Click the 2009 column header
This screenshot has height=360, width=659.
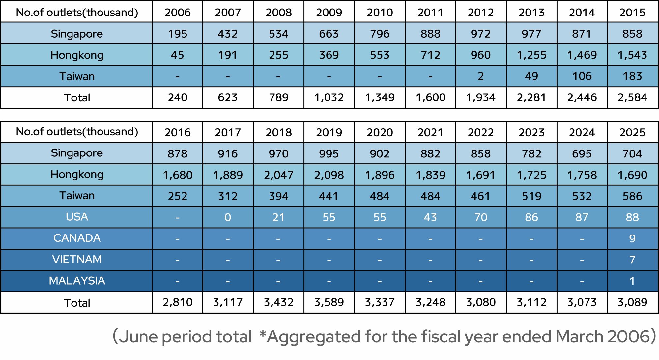click(x=329, y=13)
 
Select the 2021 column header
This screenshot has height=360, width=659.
click(x=430, y=132)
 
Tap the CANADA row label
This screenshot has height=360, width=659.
click(x=77, y=238)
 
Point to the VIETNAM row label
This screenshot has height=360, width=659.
click(x=77, y=260)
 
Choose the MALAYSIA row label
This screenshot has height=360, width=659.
click(x=77, y=281)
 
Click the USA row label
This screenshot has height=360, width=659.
click(x=77, y=217)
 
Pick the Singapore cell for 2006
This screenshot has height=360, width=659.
click(x=178, y=34)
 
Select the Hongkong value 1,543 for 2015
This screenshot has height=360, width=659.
click(x=632, y=55)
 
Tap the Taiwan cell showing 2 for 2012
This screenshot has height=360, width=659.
click(x=481, y=76)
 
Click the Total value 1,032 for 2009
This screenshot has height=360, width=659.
click(x=329, y=97)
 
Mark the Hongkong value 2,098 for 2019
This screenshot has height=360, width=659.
click(x=329, y=175)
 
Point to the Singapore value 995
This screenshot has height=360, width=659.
click(x=329, y=154)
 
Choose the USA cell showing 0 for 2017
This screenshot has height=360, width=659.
click(x=228, y=217)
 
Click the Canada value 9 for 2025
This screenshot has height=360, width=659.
click(x=632, y=238)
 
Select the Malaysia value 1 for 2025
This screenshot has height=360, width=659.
click(x=632, y=281)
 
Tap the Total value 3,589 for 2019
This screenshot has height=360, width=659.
click(x=329, y=302)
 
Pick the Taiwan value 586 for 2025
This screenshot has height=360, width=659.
click(x=632, y=196)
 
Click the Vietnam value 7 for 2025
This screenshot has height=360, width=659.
click(x=632, y=260)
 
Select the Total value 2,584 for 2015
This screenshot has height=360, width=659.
click(x=632, y=97)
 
